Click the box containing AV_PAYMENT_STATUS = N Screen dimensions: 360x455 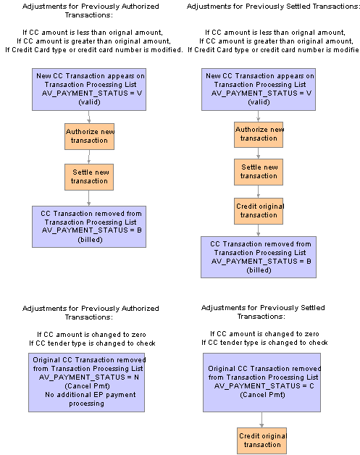[86, 382]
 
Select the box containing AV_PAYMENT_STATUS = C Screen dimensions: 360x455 [261, 382]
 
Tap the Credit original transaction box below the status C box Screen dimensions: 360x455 [262, 441]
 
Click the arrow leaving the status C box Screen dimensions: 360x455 [261, 419]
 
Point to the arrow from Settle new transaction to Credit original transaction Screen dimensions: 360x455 [258, 191]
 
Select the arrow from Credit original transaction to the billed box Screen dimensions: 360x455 [258, 230]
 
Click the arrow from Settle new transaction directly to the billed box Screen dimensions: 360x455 [89, 199]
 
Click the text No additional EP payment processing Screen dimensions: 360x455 [91, 399]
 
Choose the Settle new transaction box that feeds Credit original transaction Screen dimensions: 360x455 [259, 172]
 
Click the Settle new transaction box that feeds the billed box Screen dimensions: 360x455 [89, 177]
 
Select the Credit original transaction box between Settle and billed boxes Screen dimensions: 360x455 [259, 211]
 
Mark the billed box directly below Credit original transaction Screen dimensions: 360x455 [259, 257]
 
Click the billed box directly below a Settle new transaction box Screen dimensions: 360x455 [89, 227]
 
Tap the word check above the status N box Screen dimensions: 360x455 [146, 343]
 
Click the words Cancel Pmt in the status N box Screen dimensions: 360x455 [88, 386]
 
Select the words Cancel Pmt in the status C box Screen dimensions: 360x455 [262, 395]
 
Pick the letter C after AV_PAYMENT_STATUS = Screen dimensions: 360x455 [311, 386]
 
